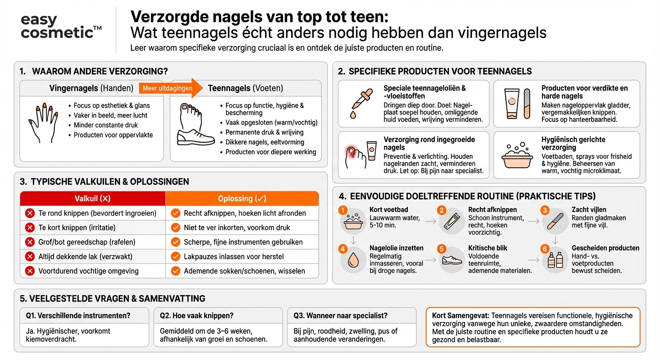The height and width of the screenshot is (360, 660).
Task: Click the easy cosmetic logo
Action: pyautogui.click(x=61, y=27)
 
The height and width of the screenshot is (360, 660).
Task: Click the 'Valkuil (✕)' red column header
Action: pyautogui.click(x=92, y=198)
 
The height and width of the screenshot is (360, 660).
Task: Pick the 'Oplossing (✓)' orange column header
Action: pyautogui.click(x=242, y=198)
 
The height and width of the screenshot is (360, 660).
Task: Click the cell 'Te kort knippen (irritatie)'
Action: pyautogui.click(x=77, y=227)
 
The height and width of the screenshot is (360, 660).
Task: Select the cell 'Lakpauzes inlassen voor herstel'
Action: pyautogui.click(x=233, y=256)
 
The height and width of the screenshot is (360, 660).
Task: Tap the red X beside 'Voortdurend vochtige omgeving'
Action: pyautogui.click(x=30, y=271)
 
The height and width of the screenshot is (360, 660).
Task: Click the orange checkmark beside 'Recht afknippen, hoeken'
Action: pyautogui.click(x=176, y=213)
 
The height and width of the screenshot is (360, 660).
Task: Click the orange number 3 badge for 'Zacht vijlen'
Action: pyautogui.click(x=544, y=210)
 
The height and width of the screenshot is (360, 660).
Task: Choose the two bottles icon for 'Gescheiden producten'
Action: pyautogui.click(x=556, y=260)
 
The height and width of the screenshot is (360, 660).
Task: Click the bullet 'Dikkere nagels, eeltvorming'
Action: pyautogui.click(x=264, y=142)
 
